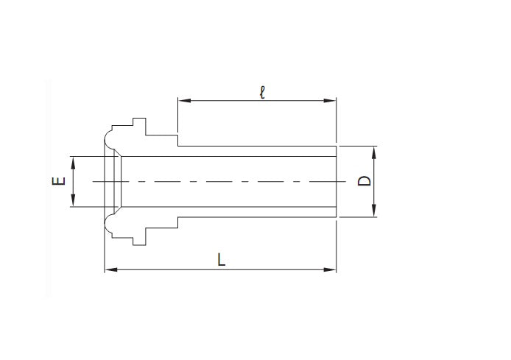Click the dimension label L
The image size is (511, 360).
pos(220,259)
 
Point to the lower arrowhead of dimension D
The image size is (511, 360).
pos(374,213)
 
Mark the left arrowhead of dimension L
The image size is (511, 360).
pos(109,270)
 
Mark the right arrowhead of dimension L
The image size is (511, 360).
pos(332,270)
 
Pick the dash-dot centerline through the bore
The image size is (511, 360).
pos(221,181)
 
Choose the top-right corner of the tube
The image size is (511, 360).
pos(336,145)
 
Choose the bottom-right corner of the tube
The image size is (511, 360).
pos(336,218)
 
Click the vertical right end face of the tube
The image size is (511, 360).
pos(336,181)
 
